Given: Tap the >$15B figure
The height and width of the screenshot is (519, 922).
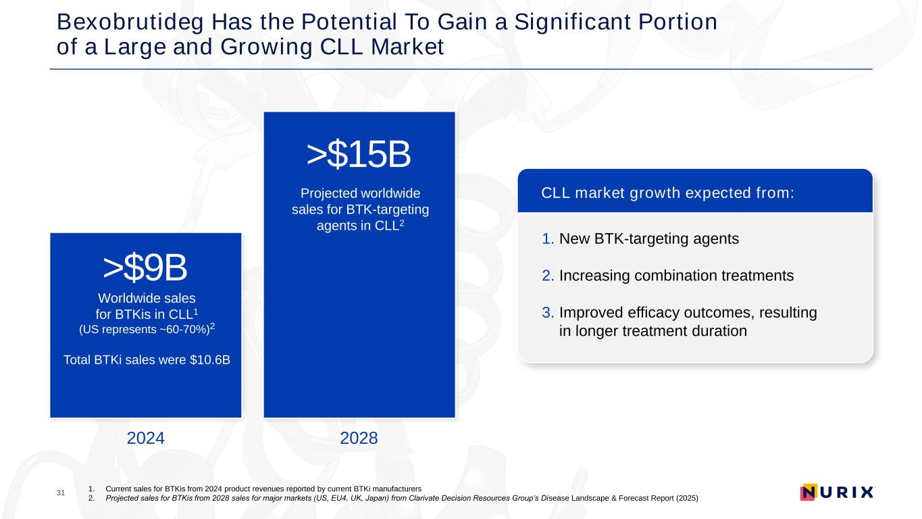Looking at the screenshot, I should [x=359, y=156].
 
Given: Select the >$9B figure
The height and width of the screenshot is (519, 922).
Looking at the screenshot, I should [x=145, y=269].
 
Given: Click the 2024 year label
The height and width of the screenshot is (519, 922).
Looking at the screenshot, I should [x=146, y=439].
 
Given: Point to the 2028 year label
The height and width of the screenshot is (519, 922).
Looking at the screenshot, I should [x=359, y=439].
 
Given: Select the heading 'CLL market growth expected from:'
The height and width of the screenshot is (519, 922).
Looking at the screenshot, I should [x=667, y=193].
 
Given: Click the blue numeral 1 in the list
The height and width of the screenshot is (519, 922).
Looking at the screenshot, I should [x=546, y=239].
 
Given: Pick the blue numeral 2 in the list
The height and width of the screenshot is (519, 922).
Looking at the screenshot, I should [x=546, y=276].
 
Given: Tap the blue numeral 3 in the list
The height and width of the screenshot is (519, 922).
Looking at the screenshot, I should [x=546, y=314].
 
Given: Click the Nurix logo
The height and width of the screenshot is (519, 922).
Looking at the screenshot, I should [x=837, y=492].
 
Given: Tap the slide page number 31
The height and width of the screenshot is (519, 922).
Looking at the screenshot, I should [x=61, y=493].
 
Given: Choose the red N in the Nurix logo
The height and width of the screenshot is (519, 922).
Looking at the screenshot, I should [x=809, y=492].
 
